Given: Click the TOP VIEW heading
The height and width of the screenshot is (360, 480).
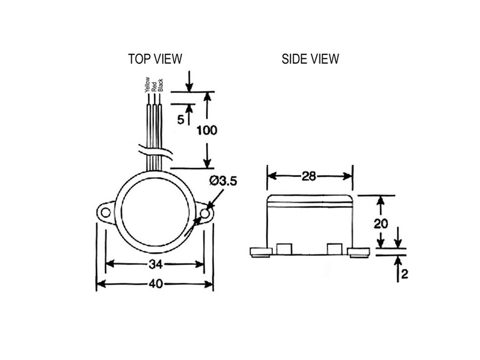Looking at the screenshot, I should click(155, 59).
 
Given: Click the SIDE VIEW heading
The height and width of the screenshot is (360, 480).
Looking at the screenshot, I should click(310, 59).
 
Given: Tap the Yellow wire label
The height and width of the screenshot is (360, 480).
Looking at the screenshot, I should click(147, 85).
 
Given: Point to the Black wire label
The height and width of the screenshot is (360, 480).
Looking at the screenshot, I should click(160, 86).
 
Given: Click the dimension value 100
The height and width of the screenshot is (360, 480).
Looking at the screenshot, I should click(207, 130).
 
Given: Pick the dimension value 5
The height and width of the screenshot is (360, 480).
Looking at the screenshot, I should click(181, 119).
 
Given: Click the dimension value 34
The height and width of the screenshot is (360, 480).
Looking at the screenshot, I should click(155, 263).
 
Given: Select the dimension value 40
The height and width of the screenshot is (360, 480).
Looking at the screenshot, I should click(155, 284).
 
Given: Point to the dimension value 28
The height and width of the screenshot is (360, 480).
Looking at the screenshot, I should click(309, 177).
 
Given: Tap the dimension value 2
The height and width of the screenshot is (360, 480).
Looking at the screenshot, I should click(404, 275).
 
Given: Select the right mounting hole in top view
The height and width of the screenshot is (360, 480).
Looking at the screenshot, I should click(204, 213).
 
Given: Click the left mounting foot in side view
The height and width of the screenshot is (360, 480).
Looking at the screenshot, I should click(260, 252).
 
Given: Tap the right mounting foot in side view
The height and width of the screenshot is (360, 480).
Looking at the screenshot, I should click(358, 252).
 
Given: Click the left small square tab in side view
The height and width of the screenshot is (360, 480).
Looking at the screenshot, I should click(284, 249).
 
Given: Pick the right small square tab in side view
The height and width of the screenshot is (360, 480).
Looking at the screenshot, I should click(334, 249).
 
